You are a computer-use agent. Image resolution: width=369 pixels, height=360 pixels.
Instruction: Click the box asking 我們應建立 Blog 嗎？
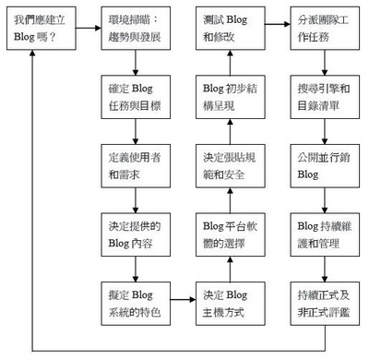click(x=33, y=30)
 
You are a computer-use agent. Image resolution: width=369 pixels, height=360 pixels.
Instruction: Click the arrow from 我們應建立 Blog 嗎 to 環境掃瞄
click(x=83, y=30)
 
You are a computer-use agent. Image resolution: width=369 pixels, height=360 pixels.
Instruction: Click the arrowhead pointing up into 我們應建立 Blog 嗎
click(x=33, y=58)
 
